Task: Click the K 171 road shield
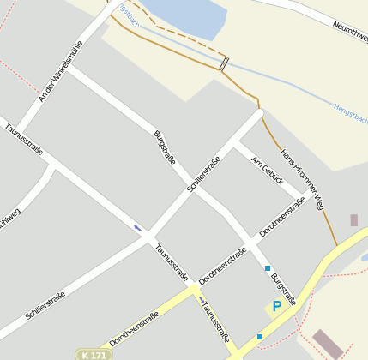coord(94,354)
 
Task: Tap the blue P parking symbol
coord(277,306)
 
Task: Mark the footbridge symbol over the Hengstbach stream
coord(225,63)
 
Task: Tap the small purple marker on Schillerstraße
coord(137,227)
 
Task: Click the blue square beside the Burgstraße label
coord(268,268)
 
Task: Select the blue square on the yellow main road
coord(260,336)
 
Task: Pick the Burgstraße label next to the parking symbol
coord(283,289)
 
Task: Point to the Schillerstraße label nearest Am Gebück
coord(204,173)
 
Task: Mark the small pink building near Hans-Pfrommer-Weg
coord(353,220)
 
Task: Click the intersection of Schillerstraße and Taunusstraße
coord(148,234)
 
